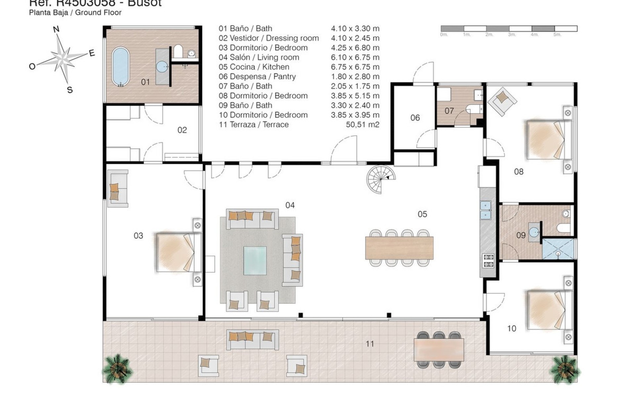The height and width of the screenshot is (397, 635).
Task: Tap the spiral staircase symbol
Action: [x=381, y=179]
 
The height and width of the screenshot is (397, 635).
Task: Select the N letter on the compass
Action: [x=56, y=29]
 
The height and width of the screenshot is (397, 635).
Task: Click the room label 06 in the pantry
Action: [x=415, y=118]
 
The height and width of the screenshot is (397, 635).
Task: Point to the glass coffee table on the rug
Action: [x=255, y=260]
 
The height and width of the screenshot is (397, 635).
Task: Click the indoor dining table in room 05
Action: [x=399, y=248]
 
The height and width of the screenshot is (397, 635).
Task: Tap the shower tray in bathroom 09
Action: [x=558, y=249]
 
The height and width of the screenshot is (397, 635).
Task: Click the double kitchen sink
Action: [x=485, y=210]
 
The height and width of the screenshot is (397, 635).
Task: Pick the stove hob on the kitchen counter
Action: [x=488, y=260]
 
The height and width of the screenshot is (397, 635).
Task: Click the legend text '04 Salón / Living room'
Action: [x=259, y=57]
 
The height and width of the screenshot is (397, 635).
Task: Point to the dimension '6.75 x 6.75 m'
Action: [x=355, y=67]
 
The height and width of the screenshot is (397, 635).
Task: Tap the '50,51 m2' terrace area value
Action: [x=362, y=124]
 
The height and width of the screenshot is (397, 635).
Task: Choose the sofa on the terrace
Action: [x=252, y=340]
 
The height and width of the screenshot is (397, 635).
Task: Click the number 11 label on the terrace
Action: [x=370, y=344]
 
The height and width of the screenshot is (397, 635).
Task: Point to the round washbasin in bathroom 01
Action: [x=162, y=66]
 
